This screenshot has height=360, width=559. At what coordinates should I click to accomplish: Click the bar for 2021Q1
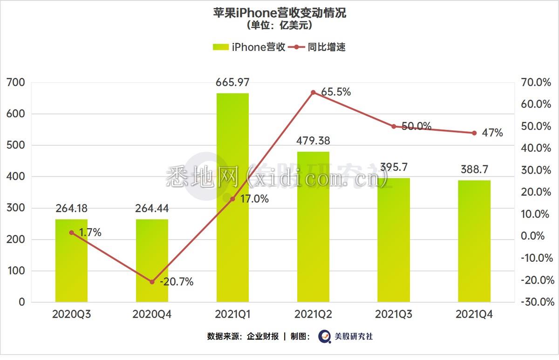232,197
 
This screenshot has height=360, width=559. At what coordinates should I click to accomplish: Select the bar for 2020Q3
71,260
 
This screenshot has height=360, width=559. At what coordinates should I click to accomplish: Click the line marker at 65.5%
313,92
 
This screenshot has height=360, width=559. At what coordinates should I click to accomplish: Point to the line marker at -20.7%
152,282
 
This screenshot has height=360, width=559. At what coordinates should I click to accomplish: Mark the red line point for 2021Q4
474,133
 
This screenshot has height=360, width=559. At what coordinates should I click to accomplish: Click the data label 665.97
232,83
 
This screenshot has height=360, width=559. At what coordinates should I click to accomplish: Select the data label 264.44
152,208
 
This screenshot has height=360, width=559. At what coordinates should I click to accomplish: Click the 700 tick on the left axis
16,82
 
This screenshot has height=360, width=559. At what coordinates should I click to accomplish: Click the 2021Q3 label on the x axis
394,315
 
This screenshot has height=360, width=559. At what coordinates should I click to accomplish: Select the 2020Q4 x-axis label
152,315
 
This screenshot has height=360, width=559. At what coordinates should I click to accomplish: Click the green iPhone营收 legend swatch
220,47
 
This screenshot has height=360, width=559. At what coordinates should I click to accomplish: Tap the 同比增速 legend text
327,47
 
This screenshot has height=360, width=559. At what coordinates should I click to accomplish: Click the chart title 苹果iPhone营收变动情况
279,13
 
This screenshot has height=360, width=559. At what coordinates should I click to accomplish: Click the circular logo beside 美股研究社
324,336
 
